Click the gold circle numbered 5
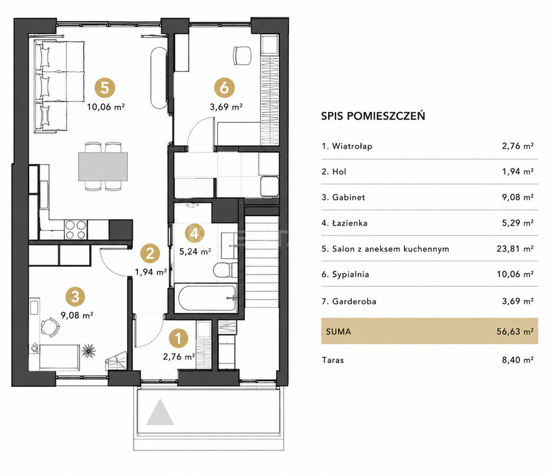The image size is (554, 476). [x=105, y=88]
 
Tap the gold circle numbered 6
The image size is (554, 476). [x=225, y=88]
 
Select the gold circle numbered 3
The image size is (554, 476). [x=75, y=296]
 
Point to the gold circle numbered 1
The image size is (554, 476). [x=179, y=338]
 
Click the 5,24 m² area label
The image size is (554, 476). [x=195, y=252]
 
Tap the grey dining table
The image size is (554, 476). [x=103, y=166]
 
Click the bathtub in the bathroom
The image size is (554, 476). [x=207, y=297]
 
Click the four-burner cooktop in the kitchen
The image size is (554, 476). [x=76, y=230]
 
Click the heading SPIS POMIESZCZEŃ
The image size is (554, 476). [x=373, y=116]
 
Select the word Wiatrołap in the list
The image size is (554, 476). [x=352, y=146]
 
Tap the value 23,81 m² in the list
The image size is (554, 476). [x=515, y=249]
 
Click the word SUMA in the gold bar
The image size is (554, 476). [x=339, y=332]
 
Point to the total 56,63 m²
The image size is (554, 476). [x=515, y=332]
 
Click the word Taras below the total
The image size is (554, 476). [x=333, y=360]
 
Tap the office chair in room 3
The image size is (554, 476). [x=50, y=327]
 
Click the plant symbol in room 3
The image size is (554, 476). [x=88, y=351]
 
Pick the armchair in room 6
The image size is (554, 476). [x=242, y=56]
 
